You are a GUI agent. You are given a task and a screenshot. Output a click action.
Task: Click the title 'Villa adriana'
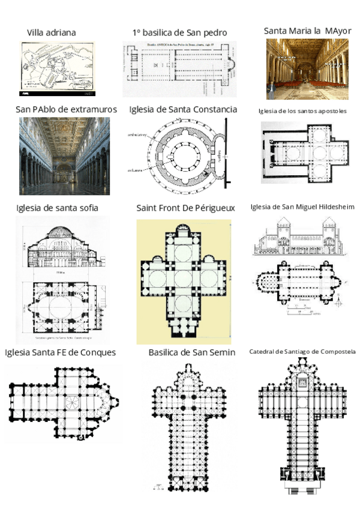[x=51, y=32]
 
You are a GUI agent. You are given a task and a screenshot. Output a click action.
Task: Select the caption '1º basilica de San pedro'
[x=179, y=32]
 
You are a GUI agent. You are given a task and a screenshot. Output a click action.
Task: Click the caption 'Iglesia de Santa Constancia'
[x=183, y=109]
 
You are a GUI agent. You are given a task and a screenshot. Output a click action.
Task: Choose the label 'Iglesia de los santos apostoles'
[x=302, y=111]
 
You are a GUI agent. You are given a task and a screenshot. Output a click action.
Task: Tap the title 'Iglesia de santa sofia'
[x=57, y=208]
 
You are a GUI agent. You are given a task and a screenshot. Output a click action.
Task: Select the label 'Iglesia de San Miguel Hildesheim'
[x=302, y=207]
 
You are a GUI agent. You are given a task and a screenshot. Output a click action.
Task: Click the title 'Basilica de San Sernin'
[x=191, y=352]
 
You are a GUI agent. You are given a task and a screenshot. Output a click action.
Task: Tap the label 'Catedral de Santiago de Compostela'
[x=302, y=351]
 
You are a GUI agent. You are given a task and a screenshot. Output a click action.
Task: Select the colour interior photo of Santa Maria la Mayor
[x=307, y=69]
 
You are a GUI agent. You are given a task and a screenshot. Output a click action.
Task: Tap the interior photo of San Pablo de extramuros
[x=65, y=156]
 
